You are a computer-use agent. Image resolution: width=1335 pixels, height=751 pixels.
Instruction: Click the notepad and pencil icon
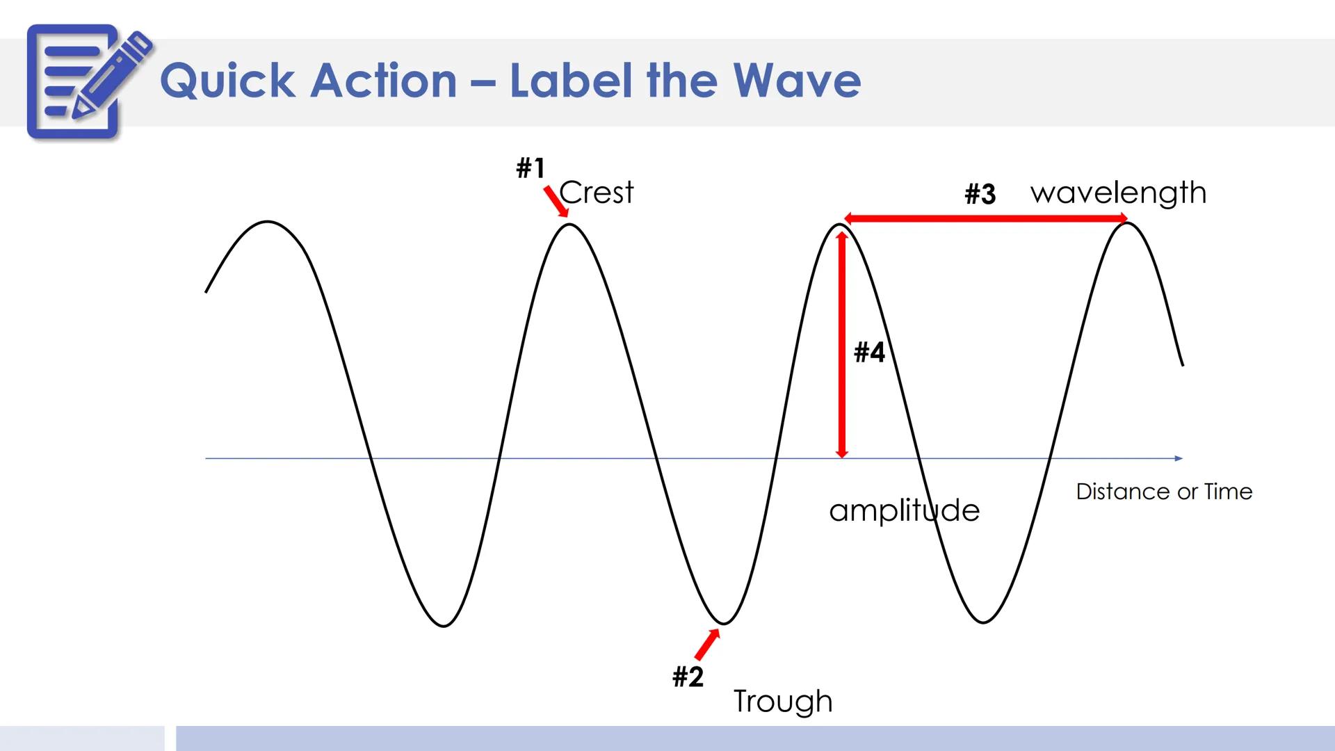pos(87,82)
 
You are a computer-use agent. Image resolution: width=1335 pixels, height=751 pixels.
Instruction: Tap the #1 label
pos(531,168)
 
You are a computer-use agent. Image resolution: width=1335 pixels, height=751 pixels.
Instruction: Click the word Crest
pos(597,193)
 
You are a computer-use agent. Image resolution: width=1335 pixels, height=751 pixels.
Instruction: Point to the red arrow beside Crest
pos(556,202)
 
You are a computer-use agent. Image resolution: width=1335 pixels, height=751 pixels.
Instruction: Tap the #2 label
pos(688,677)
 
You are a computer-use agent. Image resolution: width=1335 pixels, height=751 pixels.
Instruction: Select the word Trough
pos(783,701)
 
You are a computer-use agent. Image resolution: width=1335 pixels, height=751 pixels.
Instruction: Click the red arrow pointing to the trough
pos(707,645)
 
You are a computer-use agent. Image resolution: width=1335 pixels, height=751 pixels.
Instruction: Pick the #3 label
pos(980,194)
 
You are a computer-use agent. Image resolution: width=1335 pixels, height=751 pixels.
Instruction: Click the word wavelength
pos(1118,193)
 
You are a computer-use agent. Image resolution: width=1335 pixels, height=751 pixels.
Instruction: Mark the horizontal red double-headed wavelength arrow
pos(985,219)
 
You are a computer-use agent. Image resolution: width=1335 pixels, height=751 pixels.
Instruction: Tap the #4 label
pos(869,353)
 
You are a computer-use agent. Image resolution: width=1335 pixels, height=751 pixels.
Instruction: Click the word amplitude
pos(904,511)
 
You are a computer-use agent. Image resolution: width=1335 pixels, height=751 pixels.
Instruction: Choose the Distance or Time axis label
pos(1164,492)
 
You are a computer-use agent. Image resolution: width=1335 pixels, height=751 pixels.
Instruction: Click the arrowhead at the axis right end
pos(1179,458)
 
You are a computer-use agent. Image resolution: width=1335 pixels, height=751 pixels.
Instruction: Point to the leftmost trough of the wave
pos(444,625)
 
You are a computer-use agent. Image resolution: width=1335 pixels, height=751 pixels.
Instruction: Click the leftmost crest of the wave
pos(268,223)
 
